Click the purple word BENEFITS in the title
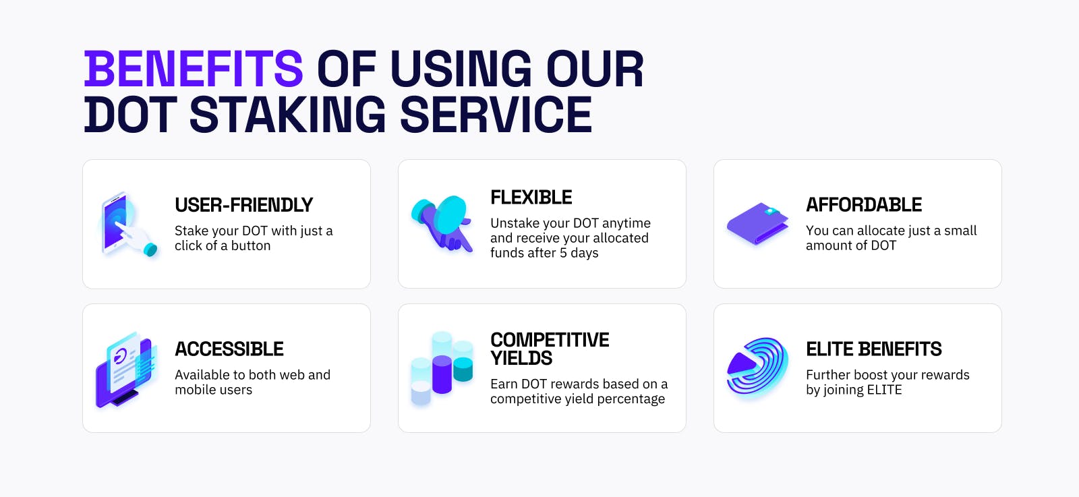tap(194, 69)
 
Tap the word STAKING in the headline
tap(287, 115)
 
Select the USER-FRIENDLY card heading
tap(243, 205)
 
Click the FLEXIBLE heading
tap(531, 198)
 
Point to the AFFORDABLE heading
tap(864, 205)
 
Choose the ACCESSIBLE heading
tap(229, 349)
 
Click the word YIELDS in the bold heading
tap(521, 358)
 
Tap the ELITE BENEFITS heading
tap(874, 349)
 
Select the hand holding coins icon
tap(442, 223)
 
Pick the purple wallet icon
tap(758, 223)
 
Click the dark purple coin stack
tap(442, 374)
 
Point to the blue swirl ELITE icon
tap(757, 368)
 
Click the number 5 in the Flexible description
tap(563, 253)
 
